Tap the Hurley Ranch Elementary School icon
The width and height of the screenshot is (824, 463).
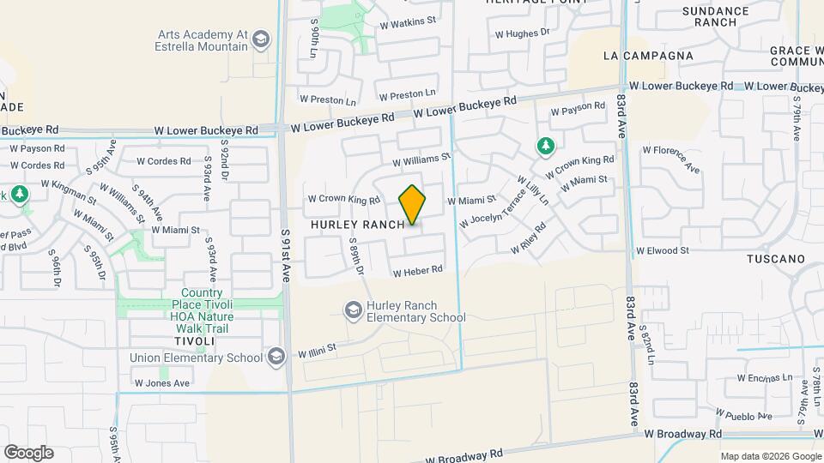352,310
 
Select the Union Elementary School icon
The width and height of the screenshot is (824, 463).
276,356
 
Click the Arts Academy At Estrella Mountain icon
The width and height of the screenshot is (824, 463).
261,39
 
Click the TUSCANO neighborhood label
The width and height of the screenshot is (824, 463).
775,258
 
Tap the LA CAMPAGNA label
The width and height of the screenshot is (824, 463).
648,56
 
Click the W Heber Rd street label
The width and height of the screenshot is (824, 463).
417,271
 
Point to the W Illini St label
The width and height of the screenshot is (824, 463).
317,351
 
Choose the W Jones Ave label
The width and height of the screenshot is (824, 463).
161,383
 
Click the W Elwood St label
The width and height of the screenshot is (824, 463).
662,250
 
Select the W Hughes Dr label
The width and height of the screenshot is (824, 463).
522,33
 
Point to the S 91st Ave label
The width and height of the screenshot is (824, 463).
286,256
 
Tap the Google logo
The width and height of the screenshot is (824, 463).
28,453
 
